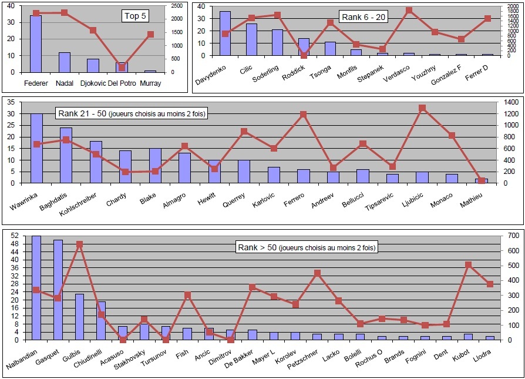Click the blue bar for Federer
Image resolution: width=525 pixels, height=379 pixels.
[36, 44]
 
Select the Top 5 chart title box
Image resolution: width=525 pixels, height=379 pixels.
[134, 16]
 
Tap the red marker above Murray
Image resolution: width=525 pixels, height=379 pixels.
[150, 35]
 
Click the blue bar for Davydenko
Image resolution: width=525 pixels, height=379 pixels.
[225, 33]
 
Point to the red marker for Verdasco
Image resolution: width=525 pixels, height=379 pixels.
[409, 11]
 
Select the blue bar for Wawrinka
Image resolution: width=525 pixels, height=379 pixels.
[36, 149]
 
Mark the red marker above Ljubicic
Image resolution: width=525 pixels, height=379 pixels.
[422, 108]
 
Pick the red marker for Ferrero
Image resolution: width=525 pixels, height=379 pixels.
[303, 115]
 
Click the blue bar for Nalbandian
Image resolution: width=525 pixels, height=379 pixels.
[36, 288]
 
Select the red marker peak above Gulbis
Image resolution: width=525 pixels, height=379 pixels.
[79, 244]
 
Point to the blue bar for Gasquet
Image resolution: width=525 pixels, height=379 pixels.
[58, 290]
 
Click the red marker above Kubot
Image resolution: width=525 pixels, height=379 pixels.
[467, 265]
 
